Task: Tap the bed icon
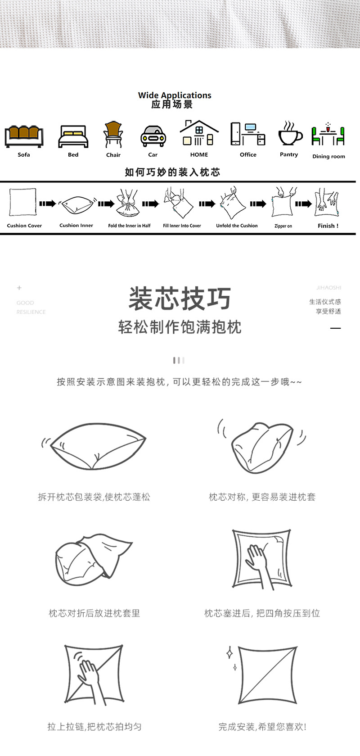click(x=73, y=136)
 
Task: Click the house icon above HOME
click(x=199, y=133)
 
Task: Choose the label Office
click(x=248, y=154)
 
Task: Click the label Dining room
click(x=328, y=156)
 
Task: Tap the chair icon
click(x=113, y=135)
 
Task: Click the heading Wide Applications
click(x=175, y=95)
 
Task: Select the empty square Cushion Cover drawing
click(x=23, y=203)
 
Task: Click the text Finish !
click(x=328, y=226)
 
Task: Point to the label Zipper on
click(x=283, y=226)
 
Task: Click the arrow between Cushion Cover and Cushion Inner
click(x=47, y=204)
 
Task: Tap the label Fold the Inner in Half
click(x=129, y=226)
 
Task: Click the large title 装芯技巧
click(x=180, y=299)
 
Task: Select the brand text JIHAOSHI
click(x=328, y=287)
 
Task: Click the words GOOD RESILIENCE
click(x=31, y=307)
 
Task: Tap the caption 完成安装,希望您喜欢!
click(x=262, y=727)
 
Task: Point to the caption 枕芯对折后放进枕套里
click(x=94, y=613)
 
